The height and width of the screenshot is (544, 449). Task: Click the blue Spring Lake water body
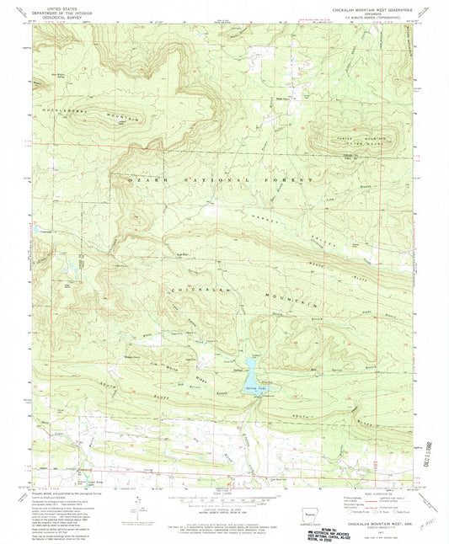tap(251, 365)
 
